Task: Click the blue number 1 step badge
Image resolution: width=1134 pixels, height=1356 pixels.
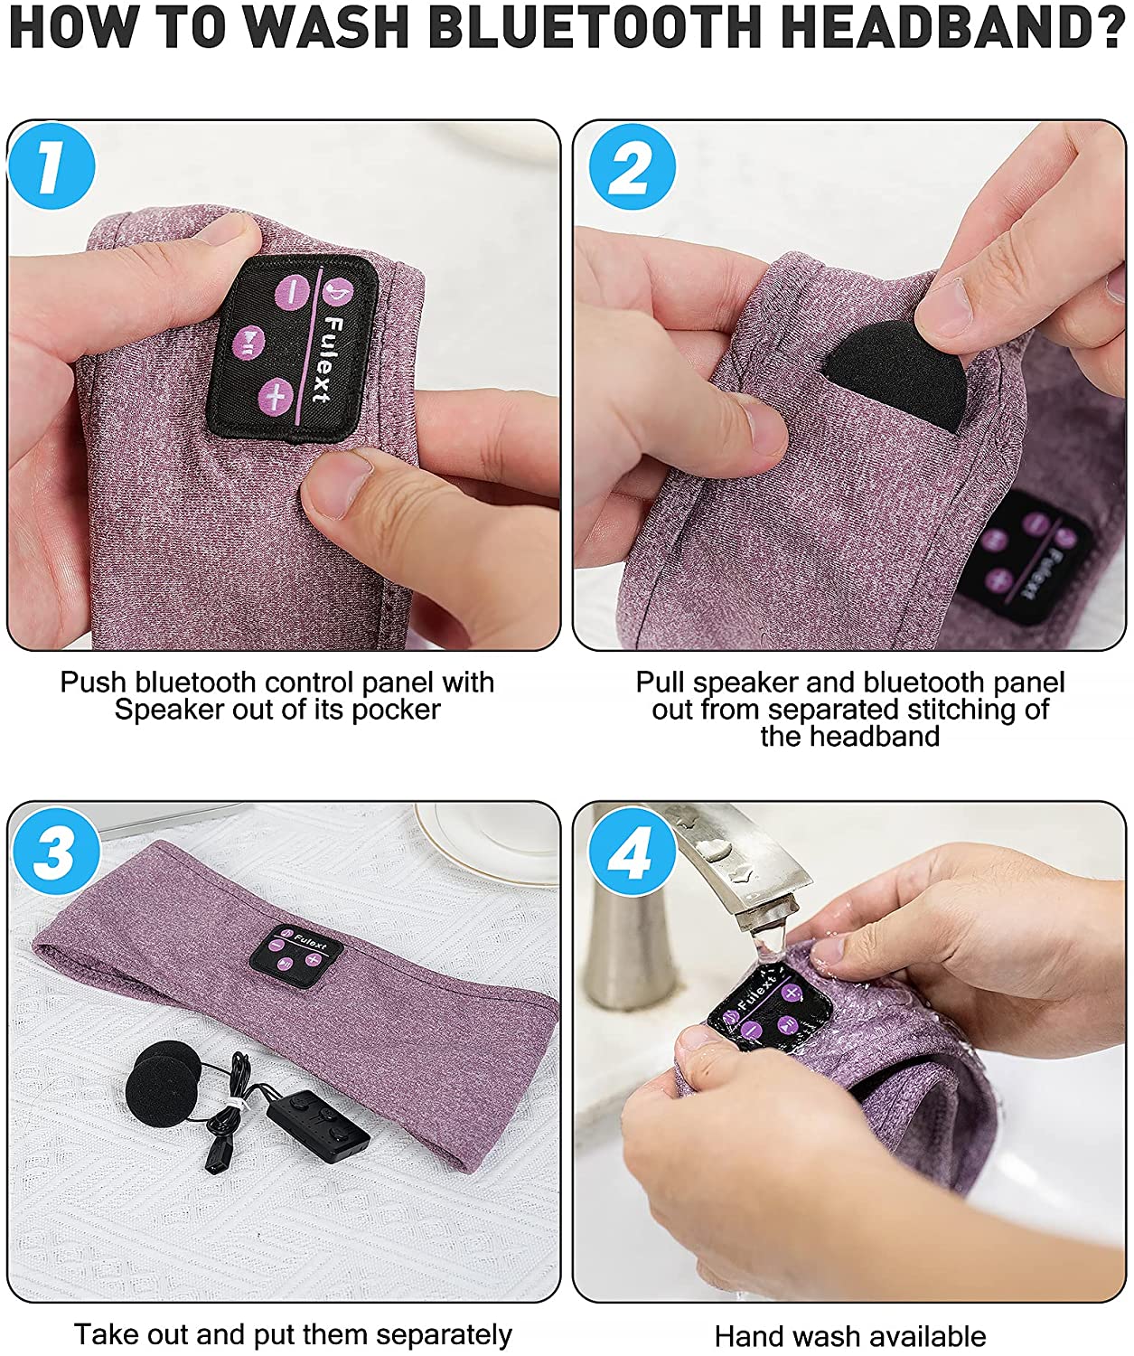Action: coord(52,166)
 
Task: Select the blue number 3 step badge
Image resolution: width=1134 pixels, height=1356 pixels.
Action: coord(56,852)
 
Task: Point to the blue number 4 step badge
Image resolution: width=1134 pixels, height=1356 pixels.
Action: coord(631,852)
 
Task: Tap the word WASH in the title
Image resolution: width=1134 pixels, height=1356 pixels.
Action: coord(329,27)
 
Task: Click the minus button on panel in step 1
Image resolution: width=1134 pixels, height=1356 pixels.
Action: coord(292,291)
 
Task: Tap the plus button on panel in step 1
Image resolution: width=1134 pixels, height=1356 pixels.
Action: coord(276,395)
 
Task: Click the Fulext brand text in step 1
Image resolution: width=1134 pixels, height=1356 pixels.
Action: coord(328,359)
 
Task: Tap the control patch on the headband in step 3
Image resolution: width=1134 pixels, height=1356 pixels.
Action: coord(296,956)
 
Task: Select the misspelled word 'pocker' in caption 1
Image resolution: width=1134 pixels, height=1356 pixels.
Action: coord(396,710)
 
